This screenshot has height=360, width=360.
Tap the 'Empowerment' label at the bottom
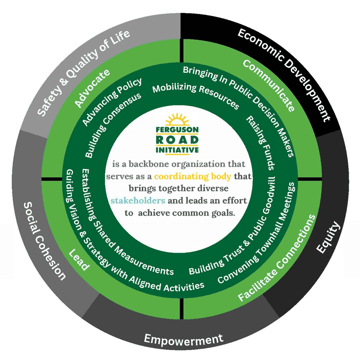pyautogui.click(x=183, y=339)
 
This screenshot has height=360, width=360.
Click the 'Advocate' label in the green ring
pyautogui.click(x=92, y=88)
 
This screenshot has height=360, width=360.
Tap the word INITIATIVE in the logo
pyautogui.click(x=180, y=149)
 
